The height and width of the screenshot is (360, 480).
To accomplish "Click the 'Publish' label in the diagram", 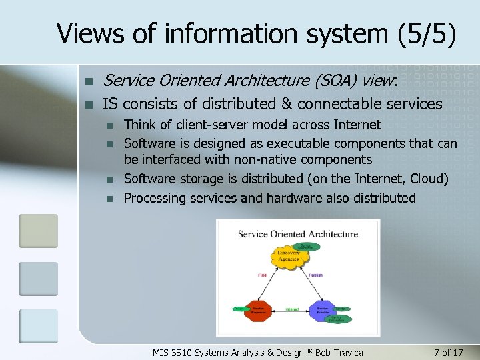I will [316, 275].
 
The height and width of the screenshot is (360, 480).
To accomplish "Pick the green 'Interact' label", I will [291, 310].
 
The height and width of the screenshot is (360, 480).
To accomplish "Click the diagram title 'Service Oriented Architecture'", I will [298, 234].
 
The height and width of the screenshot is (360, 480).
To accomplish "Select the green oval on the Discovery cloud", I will [305, 246].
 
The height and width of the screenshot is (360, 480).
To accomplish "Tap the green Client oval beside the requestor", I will [238, 308].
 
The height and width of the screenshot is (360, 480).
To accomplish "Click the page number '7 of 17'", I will [448, 352].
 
